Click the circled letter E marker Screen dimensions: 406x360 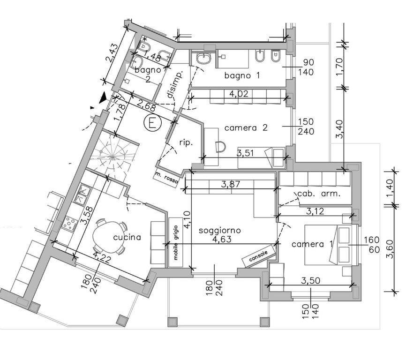(x=153, y=122)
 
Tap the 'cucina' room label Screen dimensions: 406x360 (x=127, y=237)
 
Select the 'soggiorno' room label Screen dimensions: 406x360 (x=220, y=230)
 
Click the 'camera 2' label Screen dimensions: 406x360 (x=246, y=127)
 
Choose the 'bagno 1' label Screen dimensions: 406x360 (x=242, y=75)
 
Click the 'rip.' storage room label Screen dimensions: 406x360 (x=186, y=142)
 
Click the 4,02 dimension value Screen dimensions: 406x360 (x=239, y=93)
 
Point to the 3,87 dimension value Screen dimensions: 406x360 (x=231, y=184)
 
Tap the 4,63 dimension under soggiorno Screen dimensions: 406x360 (x=222, y=239)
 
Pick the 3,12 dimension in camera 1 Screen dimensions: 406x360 (x=315, y=211)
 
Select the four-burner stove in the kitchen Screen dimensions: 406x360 (x=70, y=223)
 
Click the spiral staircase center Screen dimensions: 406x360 (x=113, y=156)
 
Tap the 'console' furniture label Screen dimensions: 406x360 (x=258, y=256)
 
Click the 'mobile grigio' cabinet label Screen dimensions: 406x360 (x=176, y=242)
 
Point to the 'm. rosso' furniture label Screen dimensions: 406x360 (x=166, y=177)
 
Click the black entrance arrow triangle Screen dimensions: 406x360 (x=104, y=97)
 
